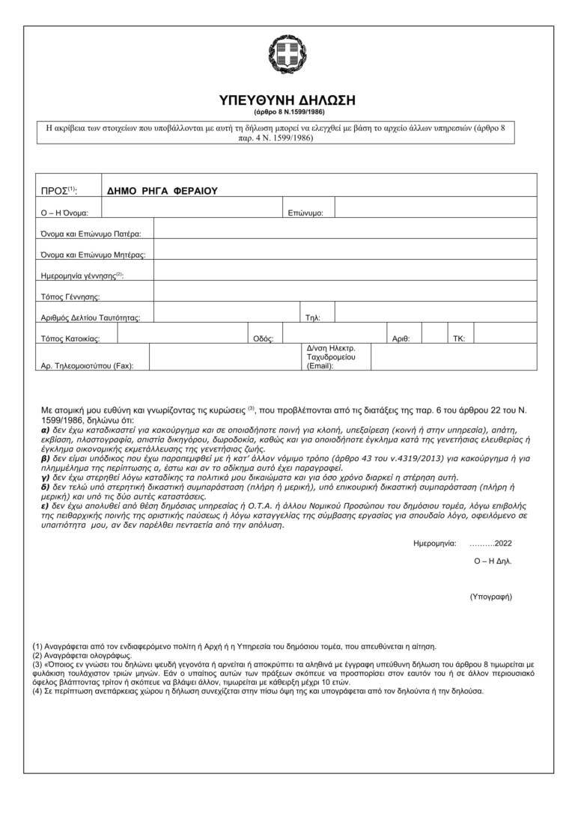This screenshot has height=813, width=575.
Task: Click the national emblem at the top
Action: click(x=287, y=55)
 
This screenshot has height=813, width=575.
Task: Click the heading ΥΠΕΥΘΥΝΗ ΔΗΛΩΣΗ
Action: click(x=287, y=100)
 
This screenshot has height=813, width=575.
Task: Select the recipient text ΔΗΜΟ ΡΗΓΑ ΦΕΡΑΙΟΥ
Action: click(x=161, y=191)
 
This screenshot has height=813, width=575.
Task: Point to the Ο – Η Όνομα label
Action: click(x=65, y=213)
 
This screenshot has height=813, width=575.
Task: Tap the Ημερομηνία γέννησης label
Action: click(x=82, y=276)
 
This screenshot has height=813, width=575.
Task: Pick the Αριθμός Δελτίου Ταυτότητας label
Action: click(x=91, y=318)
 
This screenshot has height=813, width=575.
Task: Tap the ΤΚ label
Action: click(x=459, y=339)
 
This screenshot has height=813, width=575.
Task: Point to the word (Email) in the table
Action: click(x=320, y=366)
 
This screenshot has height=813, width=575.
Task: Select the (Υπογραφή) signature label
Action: click(x=490, y=597)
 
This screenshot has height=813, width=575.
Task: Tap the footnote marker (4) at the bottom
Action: click(x=37, y=691)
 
